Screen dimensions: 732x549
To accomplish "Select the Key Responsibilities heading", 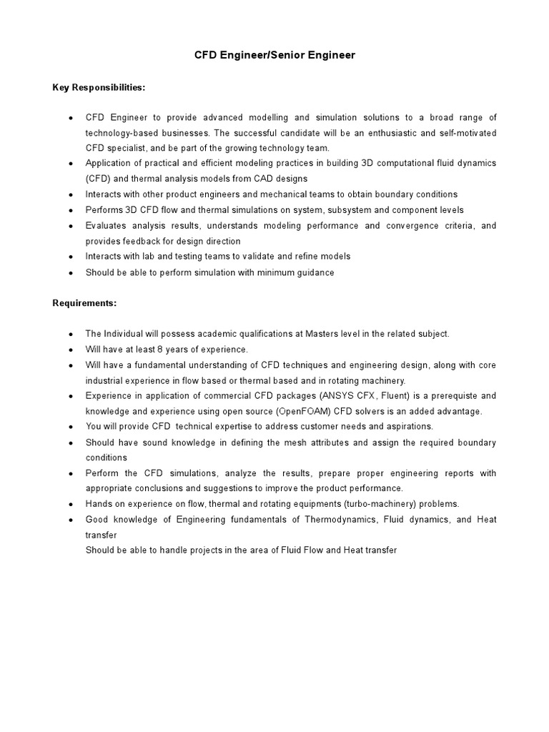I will (99, 87).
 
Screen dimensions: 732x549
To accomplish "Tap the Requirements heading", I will (84, 303).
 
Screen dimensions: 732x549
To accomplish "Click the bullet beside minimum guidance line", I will (70, 272).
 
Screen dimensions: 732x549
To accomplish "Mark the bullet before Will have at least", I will (70, 350).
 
